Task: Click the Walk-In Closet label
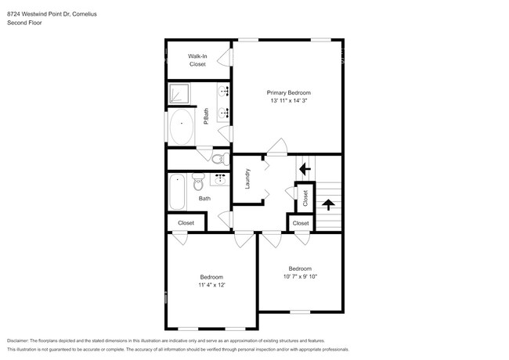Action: [197, 60]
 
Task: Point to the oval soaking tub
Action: [183, 128]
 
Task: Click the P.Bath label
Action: [206, 116]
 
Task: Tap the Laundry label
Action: [247, 179]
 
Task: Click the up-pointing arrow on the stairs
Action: [328, 205]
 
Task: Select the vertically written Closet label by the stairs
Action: [305, 199]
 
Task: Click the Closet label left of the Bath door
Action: [186, 223]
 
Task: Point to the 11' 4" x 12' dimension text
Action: [211, 285]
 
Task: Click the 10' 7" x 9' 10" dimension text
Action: [301, 276]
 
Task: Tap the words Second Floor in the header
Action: [24, 23]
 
